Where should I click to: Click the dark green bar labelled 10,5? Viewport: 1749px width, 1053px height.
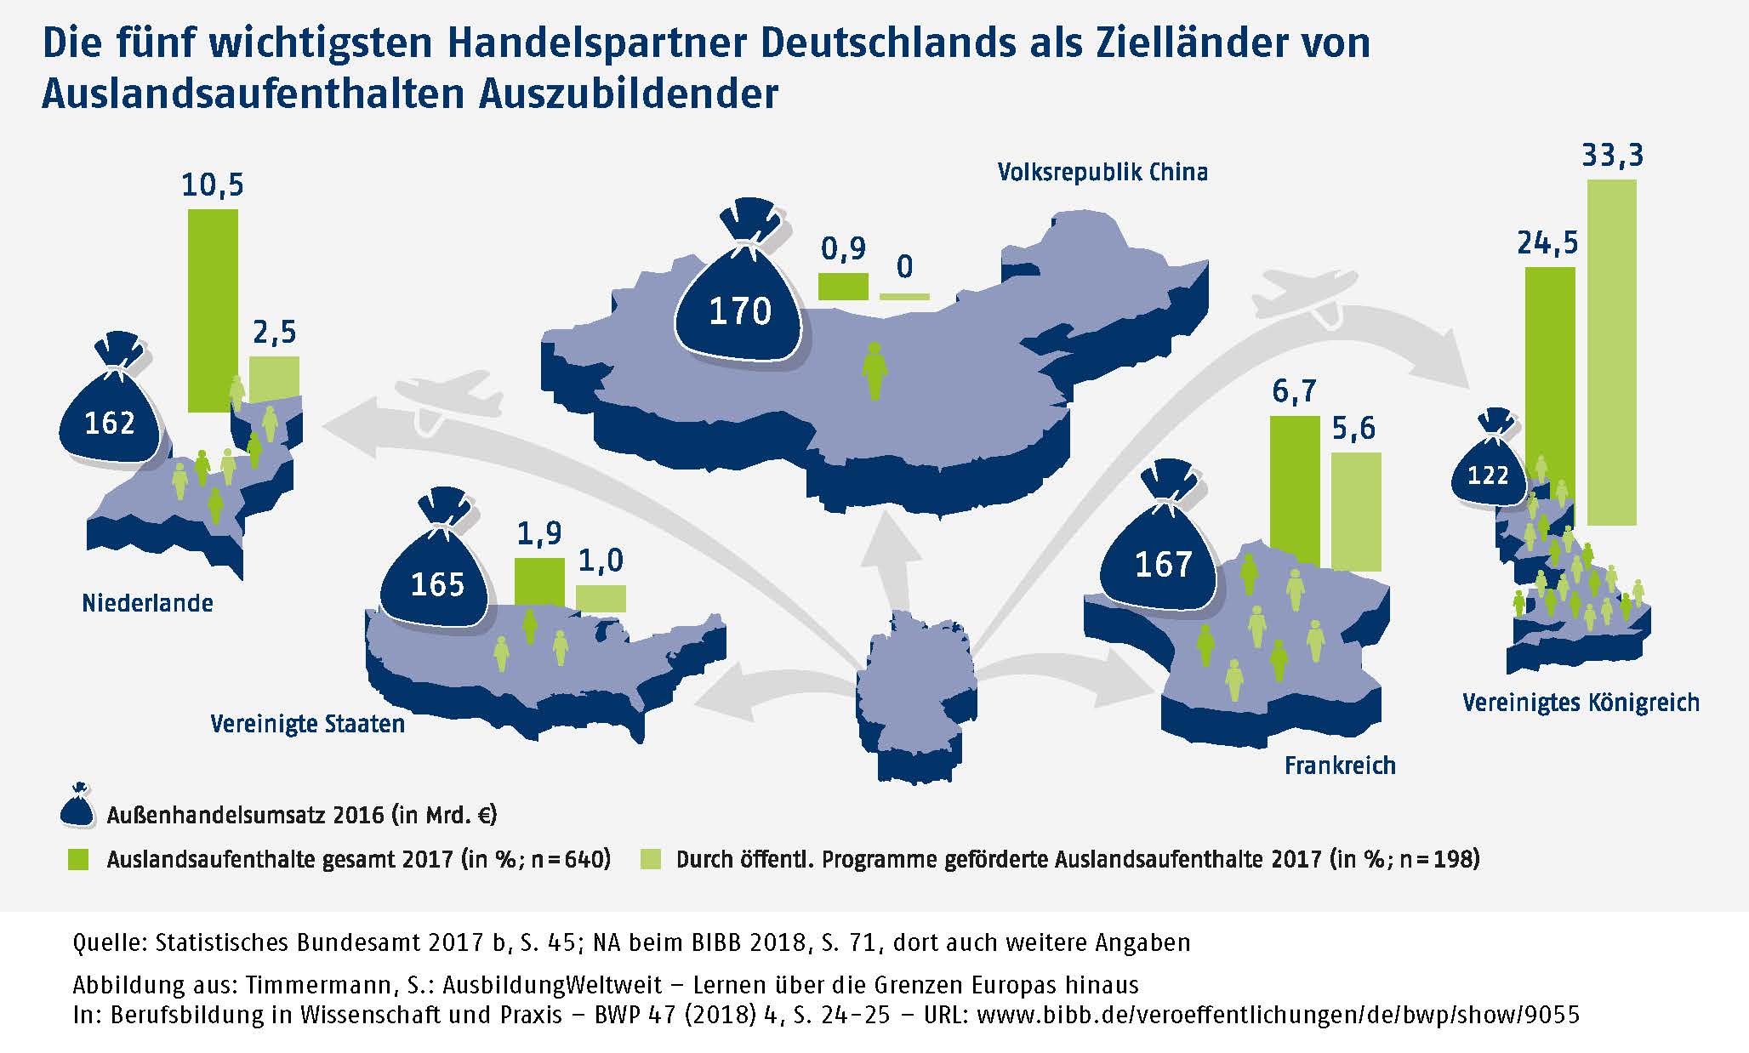[x=212, y=310]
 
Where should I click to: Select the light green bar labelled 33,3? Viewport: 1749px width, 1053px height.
[x=1611, y=352]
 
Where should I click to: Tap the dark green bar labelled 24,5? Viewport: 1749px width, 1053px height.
[x=1550, y=383]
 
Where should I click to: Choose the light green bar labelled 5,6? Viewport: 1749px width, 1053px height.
[x=1355, y=510]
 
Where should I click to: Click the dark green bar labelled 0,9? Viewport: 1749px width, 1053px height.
[x=843, y=287]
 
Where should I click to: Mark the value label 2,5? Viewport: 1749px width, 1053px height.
[x=274, y=333]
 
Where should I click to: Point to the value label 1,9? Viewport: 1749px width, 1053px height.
[x=539, y=533]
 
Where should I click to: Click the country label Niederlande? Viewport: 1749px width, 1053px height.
[x=147, y=604]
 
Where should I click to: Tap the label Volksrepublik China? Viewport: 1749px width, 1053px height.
[x=1102, y=173]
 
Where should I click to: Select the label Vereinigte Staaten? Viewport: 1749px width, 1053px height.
[x=307, y=725]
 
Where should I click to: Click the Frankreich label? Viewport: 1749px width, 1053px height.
[x=1340, y=766]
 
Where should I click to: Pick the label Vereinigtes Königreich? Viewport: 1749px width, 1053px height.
[x=1581, y=703]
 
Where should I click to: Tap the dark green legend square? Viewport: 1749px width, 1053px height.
[x=78, y=859]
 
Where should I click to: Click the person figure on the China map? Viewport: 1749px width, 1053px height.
[x=874, y=371]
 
